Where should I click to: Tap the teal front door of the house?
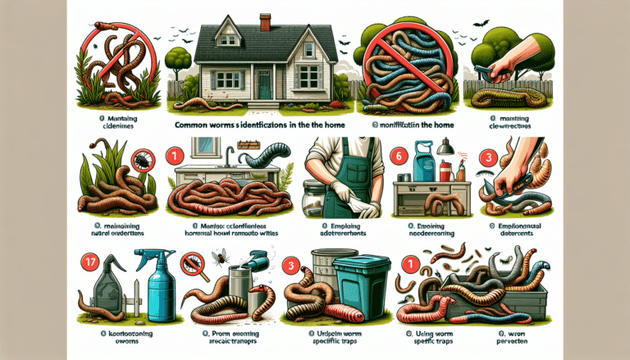(265, 82)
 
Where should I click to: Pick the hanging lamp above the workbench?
(447, 147)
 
